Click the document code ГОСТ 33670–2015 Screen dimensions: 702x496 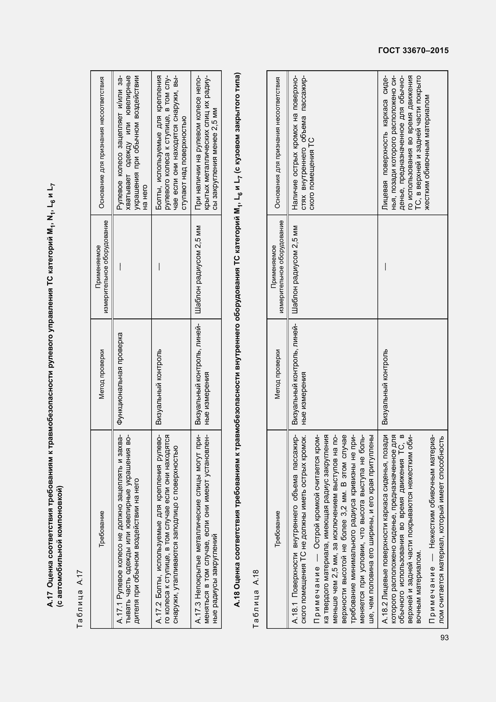413,51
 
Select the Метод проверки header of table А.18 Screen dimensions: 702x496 277,374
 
